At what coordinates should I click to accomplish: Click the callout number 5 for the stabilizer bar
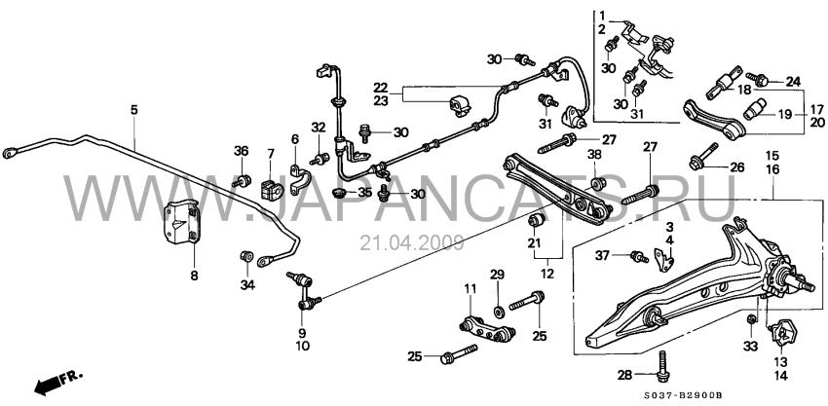coord(134,110)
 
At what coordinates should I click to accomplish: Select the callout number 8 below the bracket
coord(194,276)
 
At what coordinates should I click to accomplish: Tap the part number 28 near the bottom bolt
coord(624,376)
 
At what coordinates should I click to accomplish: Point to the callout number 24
coord(793,82)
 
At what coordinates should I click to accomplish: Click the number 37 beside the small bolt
coord(603,256)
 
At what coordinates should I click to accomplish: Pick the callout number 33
coord(750,347)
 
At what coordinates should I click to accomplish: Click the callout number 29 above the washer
coord(497,275)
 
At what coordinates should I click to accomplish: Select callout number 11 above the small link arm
coord(470,289)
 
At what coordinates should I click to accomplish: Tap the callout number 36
coord(241,151)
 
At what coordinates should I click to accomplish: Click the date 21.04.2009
coord(412,242)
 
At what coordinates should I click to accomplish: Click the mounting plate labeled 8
coord(181,222)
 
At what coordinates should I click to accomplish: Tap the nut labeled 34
coord(245,257)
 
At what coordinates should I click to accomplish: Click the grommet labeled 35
coord(338,192)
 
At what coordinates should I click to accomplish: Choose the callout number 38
coord(594,155)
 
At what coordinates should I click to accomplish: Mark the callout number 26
coord(736,167)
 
